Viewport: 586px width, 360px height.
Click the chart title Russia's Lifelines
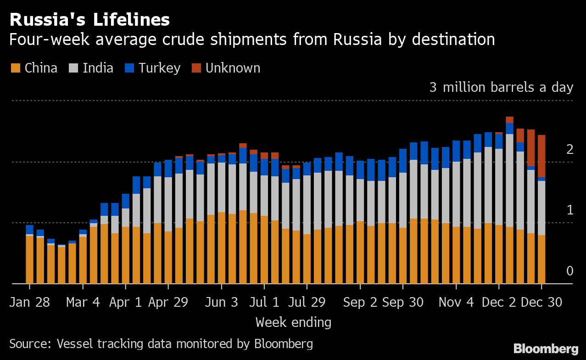coord(89,20)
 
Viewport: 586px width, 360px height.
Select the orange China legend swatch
coord(16,68)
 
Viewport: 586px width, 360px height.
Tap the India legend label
coord(98,68)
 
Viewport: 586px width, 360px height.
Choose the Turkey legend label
coord(160,68)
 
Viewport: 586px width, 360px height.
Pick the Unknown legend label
coord(233,68)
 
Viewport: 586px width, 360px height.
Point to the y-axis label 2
coord(569,150)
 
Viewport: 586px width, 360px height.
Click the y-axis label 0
coord(569,271)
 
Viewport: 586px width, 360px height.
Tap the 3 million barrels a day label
coord(501,87)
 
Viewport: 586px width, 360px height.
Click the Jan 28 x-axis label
coord(30,303)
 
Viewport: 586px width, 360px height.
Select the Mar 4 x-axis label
coord(83,303)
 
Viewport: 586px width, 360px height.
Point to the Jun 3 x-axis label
coord(222,303)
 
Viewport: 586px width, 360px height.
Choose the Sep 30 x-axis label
coord(403,303)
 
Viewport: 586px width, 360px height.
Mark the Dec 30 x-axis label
coord(542,303)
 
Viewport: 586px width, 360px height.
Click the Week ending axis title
coord(293,322)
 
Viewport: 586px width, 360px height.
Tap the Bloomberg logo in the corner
coord(546,349)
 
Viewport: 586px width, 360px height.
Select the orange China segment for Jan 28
coord(30,259)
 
